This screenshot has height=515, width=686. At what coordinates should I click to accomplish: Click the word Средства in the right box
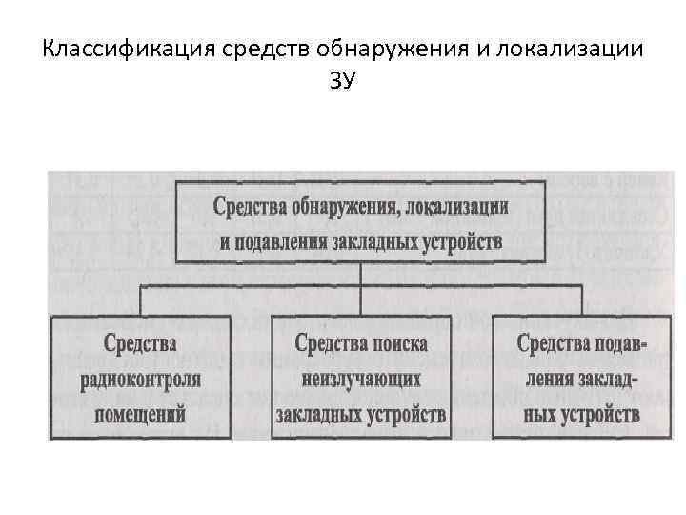[x=554, y=343]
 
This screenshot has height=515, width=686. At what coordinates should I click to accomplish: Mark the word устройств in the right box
[x=600, y=415]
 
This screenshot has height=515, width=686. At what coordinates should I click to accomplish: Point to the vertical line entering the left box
[x=141, y=299]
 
